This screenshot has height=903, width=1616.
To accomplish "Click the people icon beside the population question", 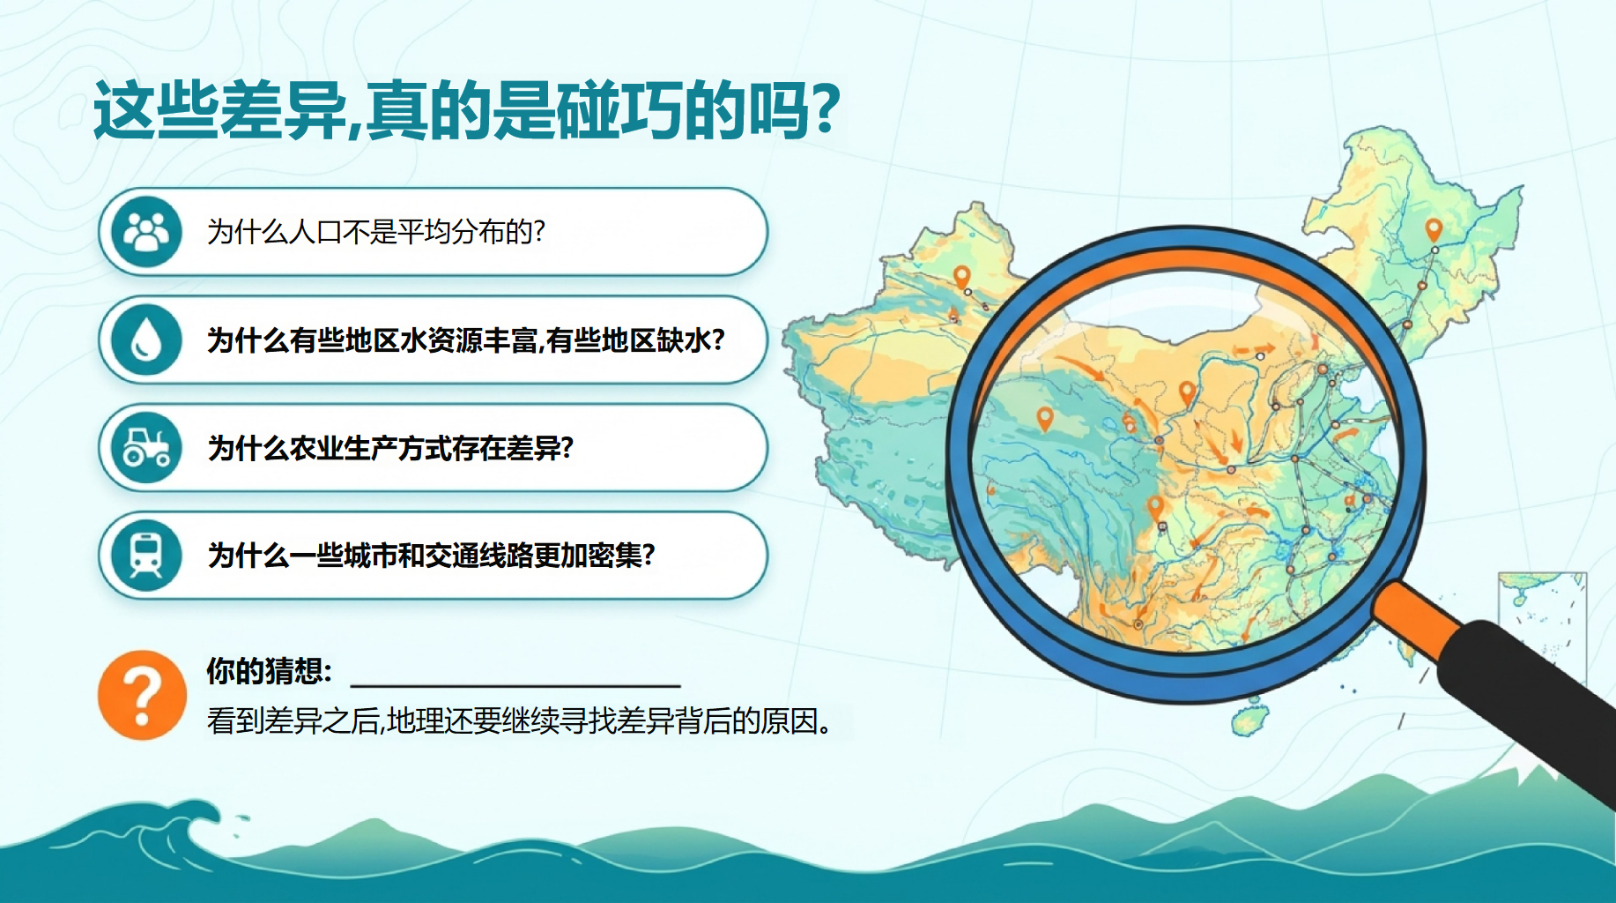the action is coord(146,232).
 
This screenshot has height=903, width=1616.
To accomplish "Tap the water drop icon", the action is coord(146,340).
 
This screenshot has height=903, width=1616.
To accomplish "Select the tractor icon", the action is coord(146,447).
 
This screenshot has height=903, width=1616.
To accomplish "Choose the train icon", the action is coord(146,555).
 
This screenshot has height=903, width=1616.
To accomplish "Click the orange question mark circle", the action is coord(142,695).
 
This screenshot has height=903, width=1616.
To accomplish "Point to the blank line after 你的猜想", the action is coord(515,684).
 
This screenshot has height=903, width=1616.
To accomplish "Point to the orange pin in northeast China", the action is coord(1434,230).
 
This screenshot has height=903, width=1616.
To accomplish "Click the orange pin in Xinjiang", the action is coord(962,278).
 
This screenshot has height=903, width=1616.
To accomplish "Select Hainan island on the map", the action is coord(1249,718).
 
